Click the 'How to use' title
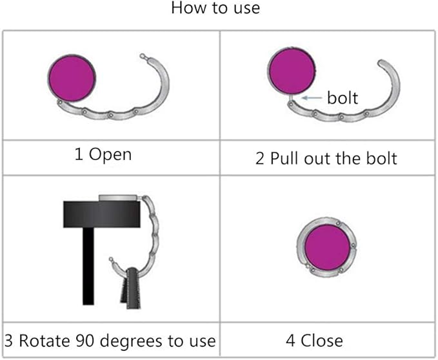(x=215, y=8)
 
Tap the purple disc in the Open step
(x=72, y=77)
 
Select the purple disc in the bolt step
(x=292, y=71)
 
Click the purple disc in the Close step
(x=327, y=246)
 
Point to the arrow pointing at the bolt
(x=312, y=98)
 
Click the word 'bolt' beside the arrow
(x=343, y=98)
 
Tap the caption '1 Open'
(x=103, y=154)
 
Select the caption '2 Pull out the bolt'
(x=326, y=158)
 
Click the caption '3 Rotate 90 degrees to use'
(x=110, y=341)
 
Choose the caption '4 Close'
(x=315, y=341)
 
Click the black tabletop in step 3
(x=102, y=214)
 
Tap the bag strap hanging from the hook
(x=131, y=288)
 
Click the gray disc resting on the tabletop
(x=118, y=197)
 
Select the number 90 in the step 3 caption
(x=86, y=341)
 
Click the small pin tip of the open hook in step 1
(x=143, y=56)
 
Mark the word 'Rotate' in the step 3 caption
(x=45, y=341)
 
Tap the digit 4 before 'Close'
(x=290, y=341)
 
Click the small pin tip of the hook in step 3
(x=111, y=259)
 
